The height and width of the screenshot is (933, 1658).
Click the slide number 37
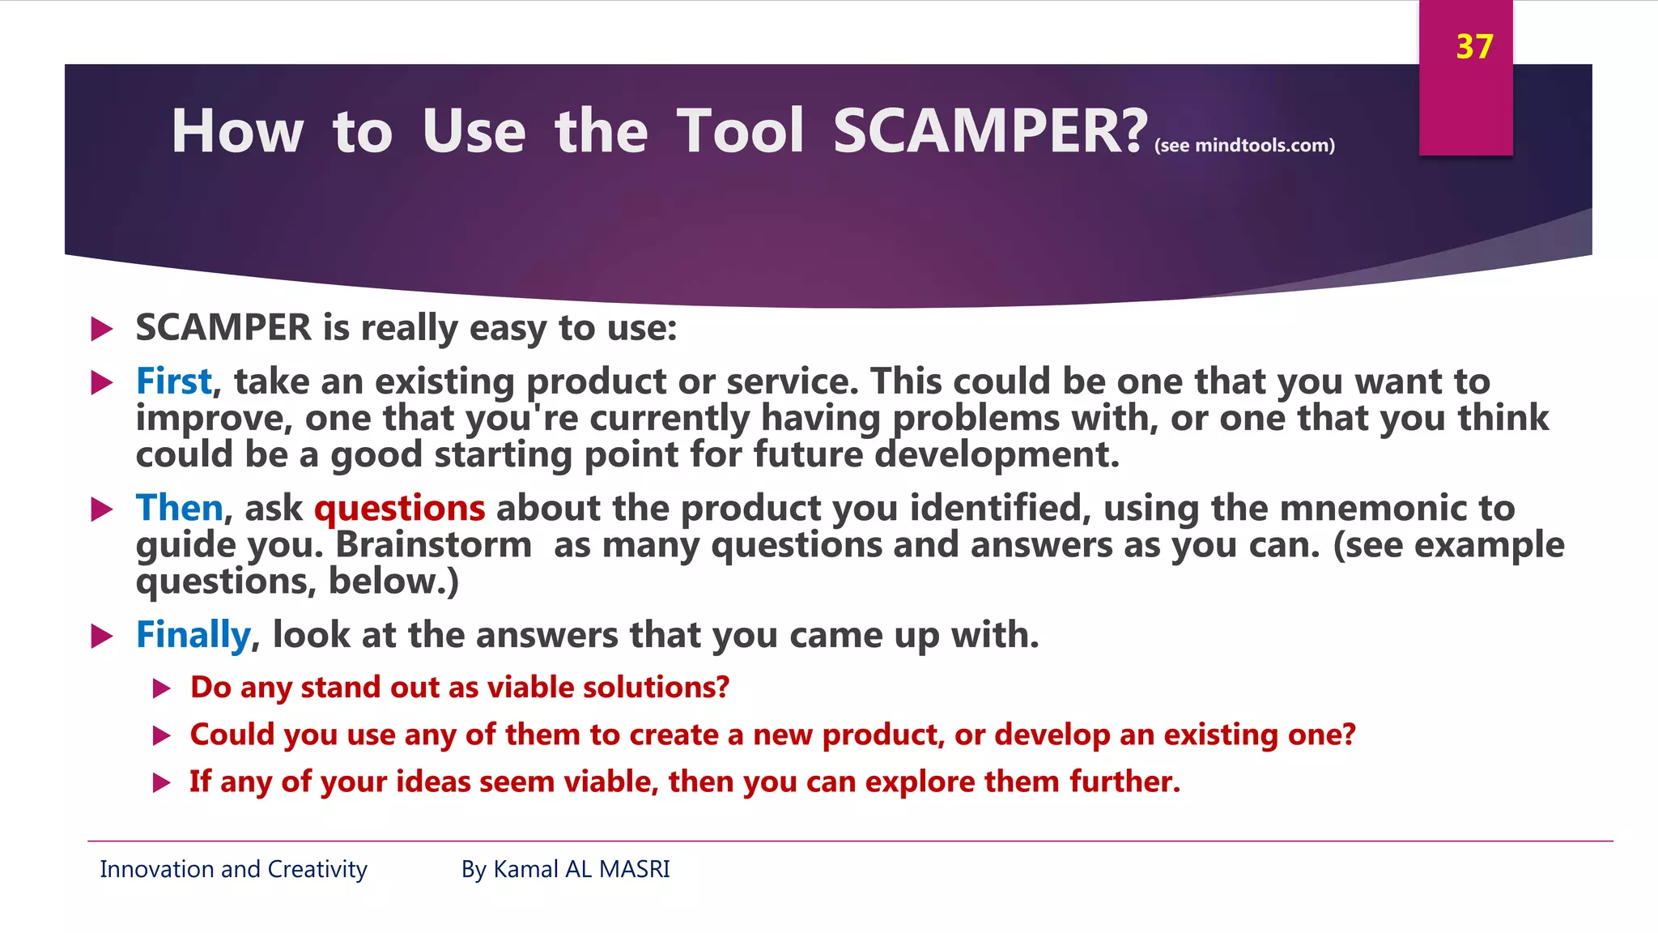(1473, 47)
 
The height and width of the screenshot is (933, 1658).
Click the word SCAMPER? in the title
(989, 131)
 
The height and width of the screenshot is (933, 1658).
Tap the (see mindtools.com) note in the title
(1244, 146)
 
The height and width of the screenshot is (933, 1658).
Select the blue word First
(173, 381)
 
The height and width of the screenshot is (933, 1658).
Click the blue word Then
(179, 508)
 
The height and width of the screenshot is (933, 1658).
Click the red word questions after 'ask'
(399, 509)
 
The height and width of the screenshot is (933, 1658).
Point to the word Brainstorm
(433, 544)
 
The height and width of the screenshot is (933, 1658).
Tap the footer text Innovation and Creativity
(233, 869)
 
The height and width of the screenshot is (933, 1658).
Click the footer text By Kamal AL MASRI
(565, 869)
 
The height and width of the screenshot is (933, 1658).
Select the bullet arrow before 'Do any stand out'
(161, 688)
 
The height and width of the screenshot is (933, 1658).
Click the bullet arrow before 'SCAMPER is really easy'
(101, 329)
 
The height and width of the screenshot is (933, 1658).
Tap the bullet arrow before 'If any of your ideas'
(161, 782)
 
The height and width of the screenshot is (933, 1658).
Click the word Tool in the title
(740, 131)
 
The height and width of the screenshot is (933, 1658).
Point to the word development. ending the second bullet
(997, 455)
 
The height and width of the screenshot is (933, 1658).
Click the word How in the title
(237, 131)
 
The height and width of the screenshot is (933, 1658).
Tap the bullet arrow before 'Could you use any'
(161, 735)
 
